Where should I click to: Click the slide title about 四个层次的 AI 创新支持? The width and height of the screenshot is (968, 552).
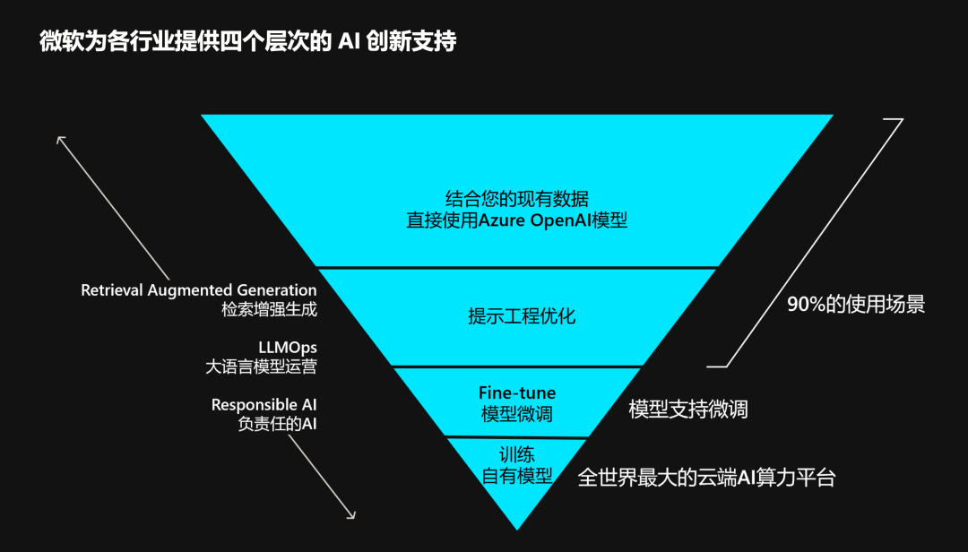click(247, 42)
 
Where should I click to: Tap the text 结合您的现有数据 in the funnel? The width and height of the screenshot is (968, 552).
click(517, 199)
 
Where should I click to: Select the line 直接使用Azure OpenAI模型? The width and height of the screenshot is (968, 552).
click(517, 220)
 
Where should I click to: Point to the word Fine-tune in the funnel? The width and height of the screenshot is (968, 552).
click(517, 393)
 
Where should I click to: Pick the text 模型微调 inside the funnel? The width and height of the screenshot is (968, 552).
click(517, 414)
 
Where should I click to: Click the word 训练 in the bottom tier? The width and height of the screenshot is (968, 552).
click(517, 454)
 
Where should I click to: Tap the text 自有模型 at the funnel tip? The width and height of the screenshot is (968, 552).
click(517, 476)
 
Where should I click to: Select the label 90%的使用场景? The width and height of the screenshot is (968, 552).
click(856, 305)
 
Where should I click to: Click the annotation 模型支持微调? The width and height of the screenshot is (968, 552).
click(688, 410)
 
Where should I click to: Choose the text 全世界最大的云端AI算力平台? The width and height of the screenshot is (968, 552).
click(706, 478)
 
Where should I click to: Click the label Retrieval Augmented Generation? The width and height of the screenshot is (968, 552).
click(199, 290)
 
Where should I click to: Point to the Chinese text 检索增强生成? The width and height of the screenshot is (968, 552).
click(270, 310)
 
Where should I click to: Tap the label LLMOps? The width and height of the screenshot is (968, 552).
click(288, 347)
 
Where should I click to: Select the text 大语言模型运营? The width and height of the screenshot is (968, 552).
click(261, 367)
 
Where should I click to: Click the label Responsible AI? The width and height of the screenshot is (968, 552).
click(264, 405)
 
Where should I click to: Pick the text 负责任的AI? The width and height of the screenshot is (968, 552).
click(277, 425)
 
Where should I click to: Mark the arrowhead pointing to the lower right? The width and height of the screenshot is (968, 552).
click(352, 515)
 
